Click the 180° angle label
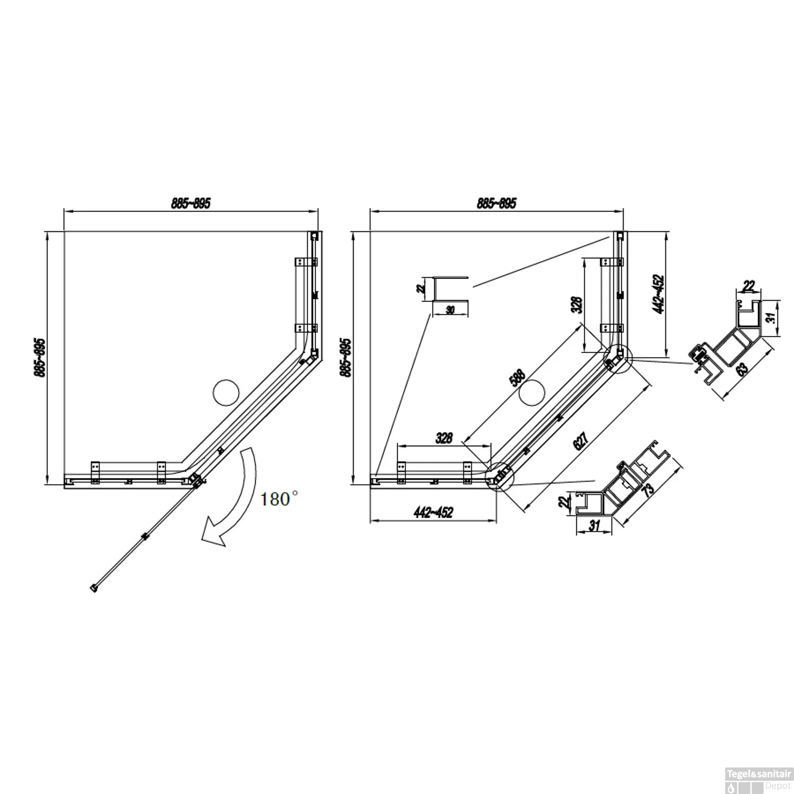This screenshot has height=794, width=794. (279, 499)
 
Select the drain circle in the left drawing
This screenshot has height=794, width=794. (225, 393)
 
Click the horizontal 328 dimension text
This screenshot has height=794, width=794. (444, 438)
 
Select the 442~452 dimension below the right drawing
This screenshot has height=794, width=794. (433, 513)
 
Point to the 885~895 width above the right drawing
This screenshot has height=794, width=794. (496, 203)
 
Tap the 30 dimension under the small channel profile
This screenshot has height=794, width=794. (450, 310)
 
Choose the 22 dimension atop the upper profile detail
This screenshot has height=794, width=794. (748, 286)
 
